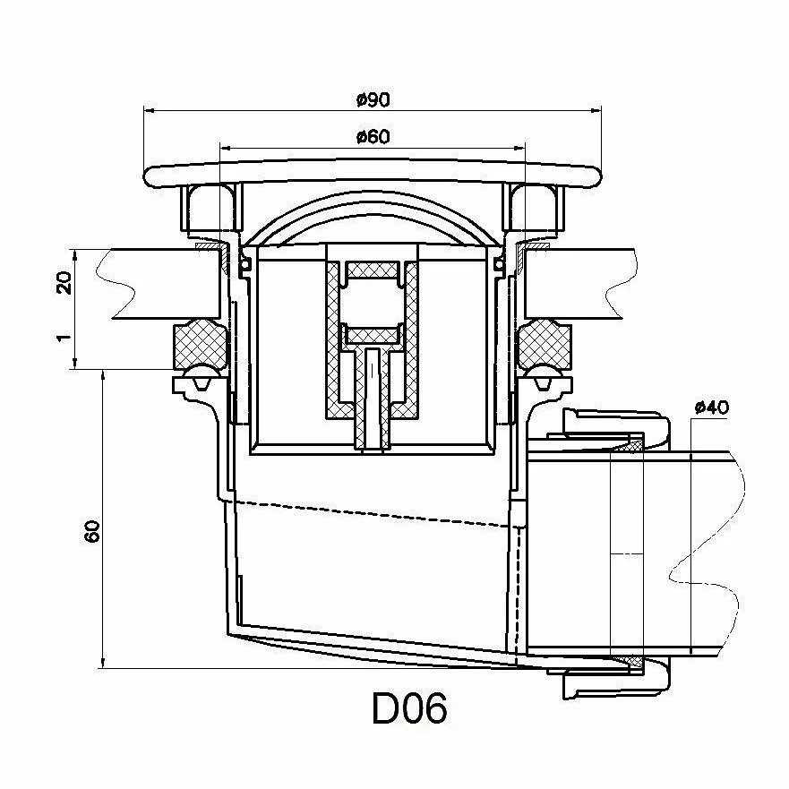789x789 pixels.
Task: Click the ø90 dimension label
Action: click(373, 99)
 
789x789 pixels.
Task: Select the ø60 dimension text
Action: click(373, 136)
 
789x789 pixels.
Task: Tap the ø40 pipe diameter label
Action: click(712, 407)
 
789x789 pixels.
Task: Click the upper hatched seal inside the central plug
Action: click(372, 270)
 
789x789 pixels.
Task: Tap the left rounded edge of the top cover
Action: click(149, 176)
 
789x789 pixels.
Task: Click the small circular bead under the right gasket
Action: click(543, 374)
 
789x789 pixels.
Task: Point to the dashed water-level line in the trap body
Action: click(376, 511)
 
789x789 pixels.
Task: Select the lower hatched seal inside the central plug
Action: click(372, 334)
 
